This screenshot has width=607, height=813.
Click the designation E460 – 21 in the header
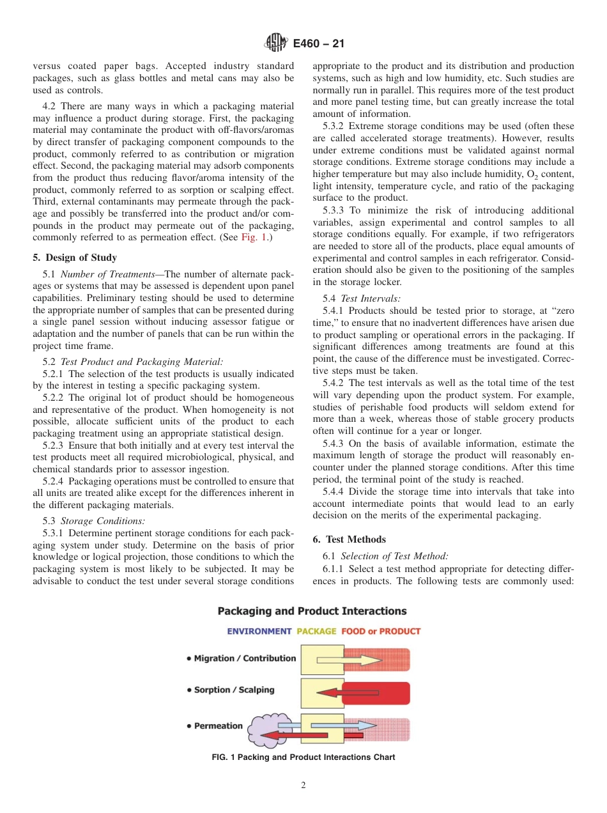318,43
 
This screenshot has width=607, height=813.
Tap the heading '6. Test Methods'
350,539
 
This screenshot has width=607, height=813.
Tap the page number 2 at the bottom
303,786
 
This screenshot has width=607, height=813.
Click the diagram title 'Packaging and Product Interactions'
312,612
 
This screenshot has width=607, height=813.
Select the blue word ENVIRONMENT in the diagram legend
259,631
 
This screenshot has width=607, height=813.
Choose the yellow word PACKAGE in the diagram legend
316,631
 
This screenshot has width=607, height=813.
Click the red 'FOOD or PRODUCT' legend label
381,631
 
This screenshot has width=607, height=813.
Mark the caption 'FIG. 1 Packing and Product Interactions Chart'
303,757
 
